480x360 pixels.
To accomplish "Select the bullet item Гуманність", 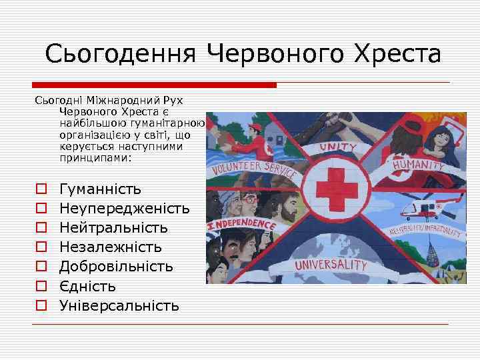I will [x=100, y=189].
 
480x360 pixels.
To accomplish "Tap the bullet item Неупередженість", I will [x=125, y=209].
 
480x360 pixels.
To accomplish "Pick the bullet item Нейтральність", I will [x=113, y=228].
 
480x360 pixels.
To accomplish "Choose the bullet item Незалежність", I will [x=111, y=247].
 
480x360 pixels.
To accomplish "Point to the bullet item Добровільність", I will [x=117, y=267].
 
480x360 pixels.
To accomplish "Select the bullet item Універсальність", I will [x=119, y=306].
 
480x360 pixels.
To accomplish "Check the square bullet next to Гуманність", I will [x=41, y=190].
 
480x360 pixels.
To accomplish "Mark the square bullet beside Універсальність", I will [x=41, y=307].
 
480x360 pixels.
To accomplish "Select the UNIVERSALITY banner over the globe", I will [x=331, y=265].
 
